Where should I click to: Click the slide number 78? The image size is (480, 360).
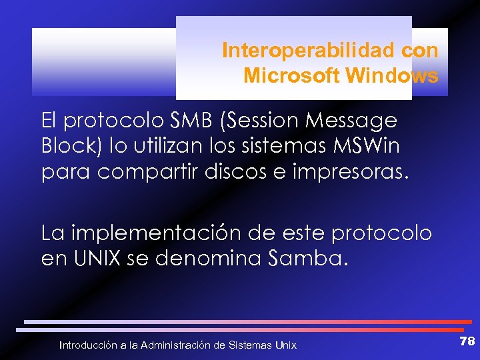(467, 341)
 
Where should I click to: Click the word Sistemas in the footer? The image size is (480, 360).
(250, 345)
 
